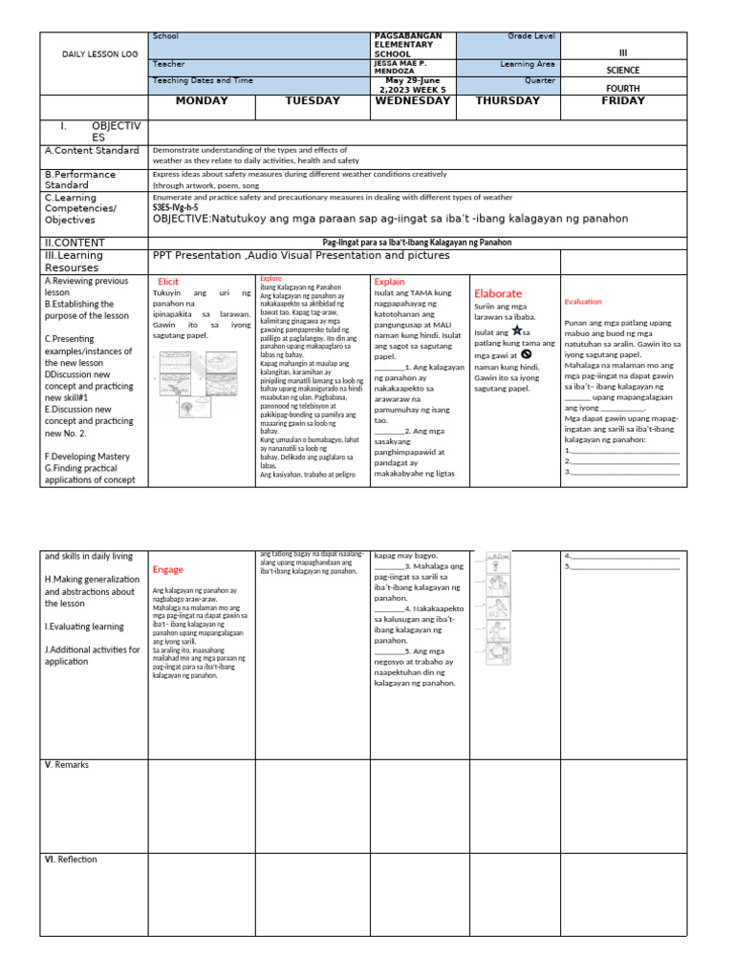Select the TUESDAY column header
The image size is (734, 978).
[x=313, y=101]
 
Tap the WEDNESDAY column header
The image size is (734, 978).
[x=413, y=100]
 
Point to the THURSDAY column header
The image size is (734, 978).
[x=507, y=101]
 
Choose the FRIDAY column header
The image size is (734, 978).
[x=623, y=100]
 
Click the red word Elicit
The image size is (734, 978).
[x=168, y=282]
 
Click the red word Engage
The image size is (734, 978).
[x=167, y=569]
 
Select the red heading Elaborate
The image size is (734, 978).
[x=498, y=293]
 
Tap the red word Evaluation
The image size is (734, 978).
[x=583, y=302]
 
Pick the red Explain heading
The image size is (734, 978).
[x=389, y=283]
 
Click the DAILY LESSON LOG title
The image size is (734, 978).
[x=94, y=54]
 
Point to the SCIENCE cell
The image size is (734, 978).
[x=623, y=70]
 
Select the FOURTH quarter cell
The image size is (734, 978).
[x=623, y=87]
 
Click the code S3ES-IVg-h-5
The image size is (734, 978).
[x=175, y=207]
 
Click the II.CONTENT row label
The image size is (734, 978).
[x=75, y=243]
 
